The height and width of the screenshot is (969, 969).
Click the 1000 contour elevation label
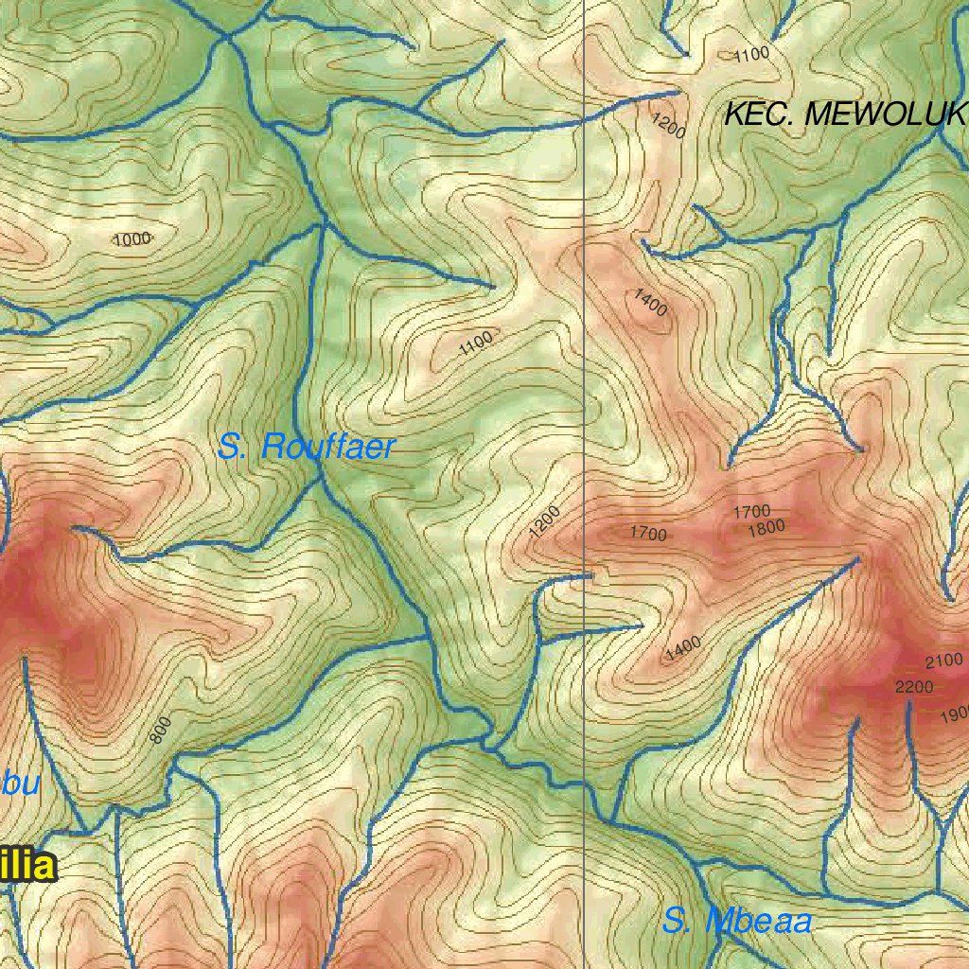click(x=132, y=239)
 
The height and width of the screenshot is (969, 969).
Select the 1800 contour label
click(x=766, y=528)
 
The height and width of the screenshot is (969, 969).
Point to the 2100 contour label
click(x=943, y=661)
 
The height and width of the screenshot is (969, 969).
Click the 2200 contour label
click(x=914, y=686)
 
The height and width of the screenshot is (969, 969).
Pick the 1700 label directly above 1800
click(x=751, y=512)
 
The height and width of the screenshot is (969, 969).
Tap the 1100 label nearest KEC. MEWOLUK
click(x=751, y=55)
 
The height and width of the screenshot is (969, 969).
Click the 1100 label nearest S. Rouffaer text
click(x=476, y=344)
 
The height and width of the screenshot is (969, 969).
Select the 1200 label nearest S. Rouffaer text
click(x=545, y=521)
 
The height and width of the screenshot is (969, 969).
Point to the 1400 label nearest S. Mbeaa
click(x=682, y=647)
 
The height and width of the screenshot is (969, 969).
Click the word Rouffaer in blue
click(x=327, y=447)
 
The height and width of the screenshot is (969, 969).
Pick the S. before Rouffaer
click(x=233, y=446)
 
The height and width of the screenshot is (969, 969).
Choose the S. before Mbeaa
click(x=678, y=921)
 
